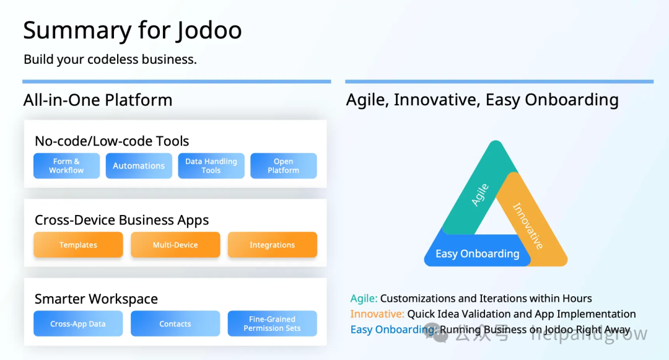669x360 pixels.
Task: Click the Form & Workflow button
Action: pos(66,165)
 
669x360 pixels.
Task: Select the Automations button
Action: pos(139,165)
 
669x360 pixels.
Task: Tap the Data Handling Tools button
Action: pos(211,165)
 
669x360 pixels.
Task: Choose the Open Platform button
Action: pos(283,165)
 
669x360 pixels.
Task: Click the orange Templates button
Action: pos(78,245)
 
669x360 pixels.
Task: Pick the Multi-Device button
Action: pos(175,245)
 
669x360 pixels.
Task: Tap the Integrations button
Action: pos(272,245)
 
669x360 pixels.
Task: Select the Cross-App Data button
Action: pos(78,323)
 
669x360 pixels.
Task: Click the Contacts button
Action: pos(175,323)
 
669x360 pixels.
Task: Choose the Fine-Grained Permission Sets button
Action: pos(272,323)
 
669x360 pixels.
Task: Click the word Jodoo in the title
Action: pos(209,31)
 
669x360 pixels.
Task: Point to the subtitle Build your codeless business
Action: pos(110,59)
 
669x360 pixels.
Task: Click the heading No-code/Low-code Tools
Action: pos(111,141)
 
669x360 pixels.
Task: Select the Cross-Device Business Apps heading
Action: pos(121,220)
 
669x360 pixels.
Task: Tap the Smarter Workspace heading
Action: pos(96,299)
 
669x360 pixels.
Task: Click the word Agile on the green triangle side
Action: pos(480,195)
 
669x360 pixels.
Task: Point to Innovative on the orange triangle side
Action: pos(528,226)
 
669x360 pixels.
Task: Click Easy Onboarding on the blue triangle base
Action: pos(478,254)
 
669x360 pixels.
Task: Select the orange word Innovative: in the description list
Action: pos(377,314)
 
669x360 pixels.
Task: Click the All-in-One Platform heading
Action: pos(98,100)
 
